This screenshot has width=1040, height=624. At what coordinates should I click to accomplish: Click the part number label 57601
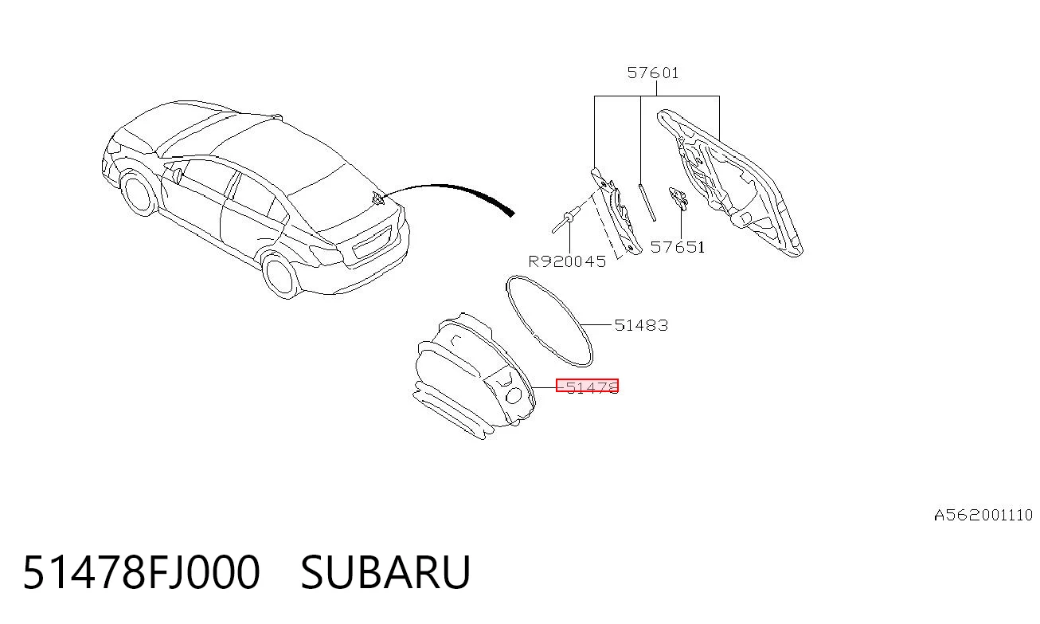tap(653, 73)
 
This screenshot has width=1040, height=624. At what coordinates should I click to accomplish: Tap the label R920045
tap(567, 261)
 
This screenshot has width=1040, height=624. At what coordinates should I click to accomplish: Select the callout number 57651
tap(678, 247)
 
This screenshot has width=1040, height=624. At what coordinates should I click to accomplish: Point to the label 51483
tap(641, 325)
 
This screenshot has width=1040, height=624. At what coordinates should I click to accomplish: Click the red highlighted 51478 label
tap(588, 386)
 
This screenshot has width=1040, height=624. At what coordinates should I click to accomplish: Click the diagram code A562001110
tap(983, 515)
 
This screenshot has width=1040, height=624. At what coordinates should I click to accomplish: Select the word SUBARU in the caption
tap(385, 572)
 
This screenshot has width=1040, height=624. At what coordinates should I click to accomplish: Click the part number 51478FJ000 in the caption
tap(141, 572)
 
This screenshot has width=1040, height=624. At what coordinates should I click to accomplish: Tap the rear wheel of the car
tap(280, 275)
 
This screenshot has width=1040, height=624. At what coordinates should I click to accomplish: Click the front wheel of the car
tap(138, 194)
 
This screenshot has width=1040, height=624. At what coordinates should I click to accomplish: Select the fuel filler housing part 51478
tap(474, 375)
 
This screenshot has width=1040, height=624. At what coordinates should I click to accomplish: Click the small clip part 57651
tap(678, 198)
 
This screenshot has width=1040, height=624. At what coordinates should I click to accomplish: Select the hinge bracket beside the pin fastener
tap(616, 211)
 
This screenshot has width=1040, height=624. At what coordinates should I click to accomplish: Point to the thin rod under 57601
tap(647, 202)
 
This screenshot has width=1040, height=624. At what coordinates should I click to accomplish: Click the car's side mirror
tap(177, 175)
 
